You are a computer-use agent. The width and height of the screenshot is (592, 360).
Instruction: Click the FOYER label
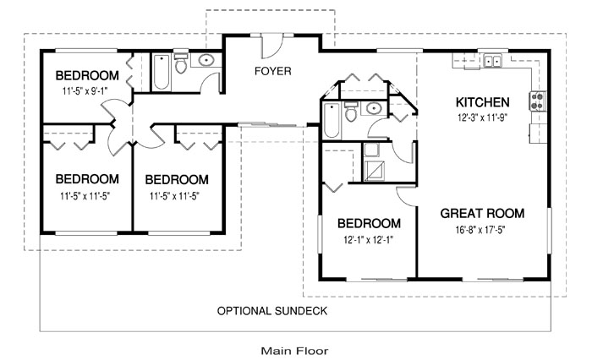pyautogui.click(x=272, y=71)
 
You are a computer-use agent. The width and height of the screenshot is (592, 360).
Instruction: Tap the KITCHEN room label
pyautogui.click(x=482, y=102)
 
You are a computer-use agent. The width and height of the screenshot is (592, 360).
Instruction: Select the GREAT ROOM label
pyautogui.click(x=482, y=213)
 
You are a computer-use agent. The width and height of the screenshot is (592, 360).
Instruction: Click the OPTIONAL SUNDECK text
pyautogui.click(x=271, y=311)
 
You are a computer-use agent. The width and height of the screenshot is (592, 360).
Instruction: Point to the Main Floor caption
pyautogui.click(x=294, y=352)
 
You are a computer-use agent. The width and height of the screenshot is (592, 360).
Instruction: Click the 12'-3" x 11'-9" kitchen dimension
pyautogui.click(x=482, y=117)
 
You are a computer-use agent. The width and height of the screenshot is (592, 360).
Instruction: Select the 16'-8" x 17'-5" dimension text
pyautogui.click(x=480, y=229)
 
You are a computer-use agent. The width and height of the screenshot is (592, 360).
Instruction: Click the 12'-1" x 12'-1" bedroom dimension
pyautogui.click(x=369, y=240)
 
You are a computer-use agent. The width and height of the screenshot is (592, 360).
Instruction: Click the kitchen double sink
pyautogui.click(x=493, y=60)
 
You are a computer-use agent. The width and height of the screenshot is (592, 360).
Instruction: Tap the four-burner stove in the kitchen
pyautogui.click(x=537, y=101)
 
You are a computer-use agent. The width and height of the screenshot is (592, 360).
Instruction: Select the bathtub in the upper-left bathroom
pyautogui.click(x=162, y=73)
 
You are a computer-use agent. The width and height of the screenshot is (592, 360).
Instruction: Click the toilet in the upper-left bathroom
pyautogui.click(x=181, y=63)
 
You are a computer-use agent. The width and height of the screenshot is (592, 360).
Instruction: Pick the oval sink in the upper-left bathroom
pyautogui.click(x=206, y=60)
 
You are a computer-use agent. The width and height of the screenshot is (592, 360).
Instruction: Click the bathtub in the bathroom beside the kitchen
pyautogui.click(x=332, y=120)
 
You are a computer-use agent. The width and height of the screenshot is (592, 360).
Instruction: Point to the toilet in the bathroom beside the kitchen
pyautogui.click(x=351, y=112)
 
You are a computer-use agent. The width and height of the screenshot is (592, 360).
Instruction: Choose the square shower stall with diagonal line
pyautogui.click(x=374, y=171)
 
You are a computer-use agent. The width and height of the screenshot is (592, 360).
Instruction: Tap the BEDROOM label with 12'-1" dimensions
pyautogui.click(x=369, y=223)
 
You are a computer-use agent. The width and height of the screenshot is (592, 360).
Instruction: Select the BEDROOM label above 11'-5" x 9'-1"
pyautogui.click(x=87, y=75)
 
